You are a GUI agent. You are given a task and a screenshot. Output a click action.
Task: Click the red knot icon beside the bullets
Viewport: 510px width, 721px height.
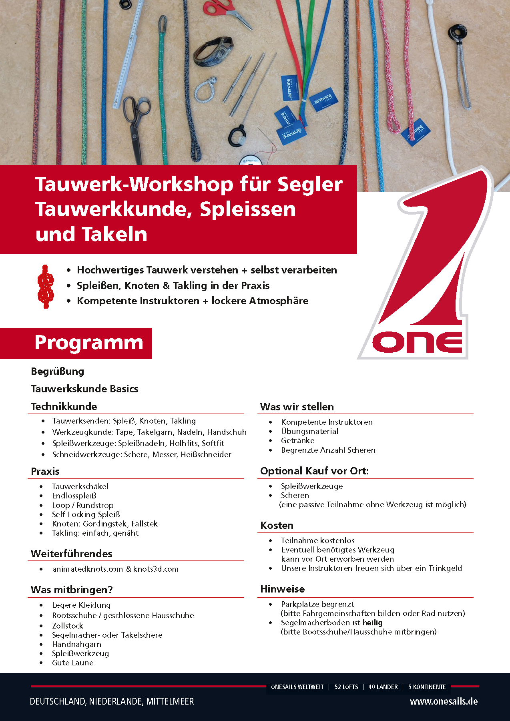pyautogui.click(x=46, y=286)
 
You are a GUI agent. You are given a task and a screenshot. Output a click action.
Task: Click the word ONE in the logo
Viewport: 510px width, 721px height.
pyautogui.click(x=416, y=342)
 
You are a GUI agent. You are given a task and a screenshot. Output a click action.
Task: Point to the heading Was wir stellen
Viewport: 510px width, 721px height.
pyautogui.click(x=297, y=407)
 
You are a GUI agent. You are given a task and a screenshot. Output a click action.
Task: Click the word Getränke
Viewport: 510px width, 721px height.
pyautogui.click(x=297, y=440)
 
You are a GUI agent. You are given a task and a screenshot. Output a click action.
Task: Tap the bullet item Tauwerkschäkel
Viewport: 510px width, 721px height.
pyautogui.click(x=80, y=486)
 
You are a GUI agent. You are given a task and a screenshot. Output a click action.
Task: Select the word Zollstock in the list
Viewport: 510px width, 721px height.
pyautogui.click(x=67, y=626)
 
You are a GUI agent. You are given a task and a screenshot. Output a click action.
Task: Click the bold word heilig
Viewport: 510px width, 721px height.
pyautogui.click(x=372, y=623)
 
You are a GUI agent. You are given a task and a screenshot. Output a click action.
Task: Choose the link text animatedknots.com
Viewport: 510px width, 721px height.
pyautogui.click(x=87, y=569)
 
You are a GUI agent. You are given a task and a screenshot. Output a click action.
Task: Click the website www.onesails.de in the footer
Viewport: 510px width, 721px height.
pyautogui.click(x=444, y=701)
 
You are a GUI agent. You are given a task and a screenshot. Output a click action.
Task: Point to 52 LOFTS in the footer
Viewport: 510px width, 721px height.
pyautogui.click(x=346, y=687)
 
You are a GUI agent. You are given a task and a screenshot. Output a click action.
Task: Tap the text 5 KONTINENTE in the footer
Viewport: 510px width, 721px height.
pyautogui.click(x=427, y=687)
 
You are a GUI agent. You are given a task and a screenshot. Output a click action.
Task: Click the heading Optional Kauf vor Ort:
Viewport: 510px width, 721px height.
pyautogui.click(x=314, y=471)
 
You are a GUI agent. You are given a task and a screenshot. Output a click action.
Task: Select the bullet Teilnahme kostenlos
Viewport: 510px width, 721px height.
pyautogui.click(x=317, y=540)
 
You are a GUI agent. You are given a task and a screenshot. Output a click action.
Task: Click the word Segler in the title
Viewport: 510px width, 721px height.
pyautogui.click(x=310, y=184)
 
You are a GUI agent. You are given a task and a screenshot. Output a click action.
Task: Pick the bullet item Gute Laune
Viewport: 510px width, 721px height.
pyautogui.click(x=72, y=663)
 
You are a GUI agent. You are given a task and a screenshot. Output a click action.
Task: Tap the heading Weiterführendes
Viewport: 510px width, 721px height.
pyautogui.click(x=71, y=554)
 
